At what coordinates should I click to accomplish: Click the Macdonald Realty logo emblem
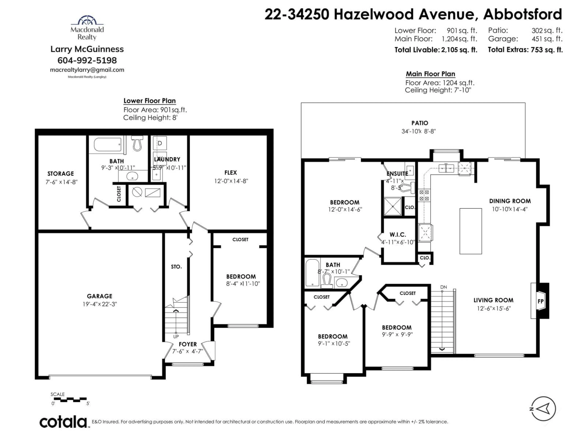coord(87,20)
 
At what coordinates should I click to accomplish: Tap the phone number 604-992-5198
coord(87,60)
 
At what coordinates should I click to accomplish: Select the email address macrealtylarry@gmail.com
coord(87,70)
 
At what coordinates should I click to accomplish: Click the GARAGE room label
coord(99,296)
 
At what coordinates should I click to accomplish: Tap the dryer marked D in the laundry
coord(160,143)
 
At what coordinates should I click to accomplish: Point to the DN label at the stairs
coord(443,287)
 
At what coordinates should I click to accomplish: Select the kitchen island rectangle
coord(470,231)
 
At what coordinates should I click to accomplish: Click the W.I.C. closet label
coord(398,234)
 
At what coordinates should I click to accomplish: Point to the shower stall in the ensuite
coord(392,206)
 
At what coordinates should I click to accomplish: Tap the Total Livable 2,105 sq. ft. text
coord(436,50)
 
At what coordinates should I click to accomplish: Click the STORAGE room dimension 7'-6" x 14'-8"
coord(61,182)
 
